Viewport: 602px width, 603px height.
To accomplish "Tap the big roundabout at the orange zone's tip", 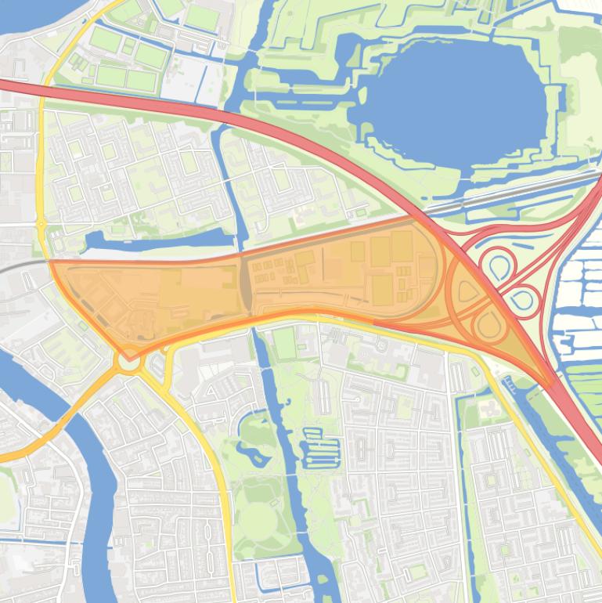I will click(x=128, y=363).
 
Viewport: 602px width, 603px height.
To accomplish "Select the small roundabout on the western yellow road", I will click(x=41, y=225).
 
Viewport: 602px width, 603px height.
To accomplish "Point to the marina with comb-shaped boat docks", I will click(x=322, y=450).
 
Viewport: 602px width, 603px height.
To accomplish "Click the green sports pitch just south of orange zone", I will click(x=284, y=343).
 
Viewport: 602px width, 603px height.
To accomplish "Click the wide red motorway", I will click(x=235, y=117).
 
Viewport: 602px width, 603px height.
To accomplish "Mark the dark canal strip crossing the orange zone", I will click(x=245, y=286).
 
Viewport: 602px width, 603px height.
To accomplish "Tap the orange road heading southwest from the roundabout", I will click(x=63, y=423).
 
